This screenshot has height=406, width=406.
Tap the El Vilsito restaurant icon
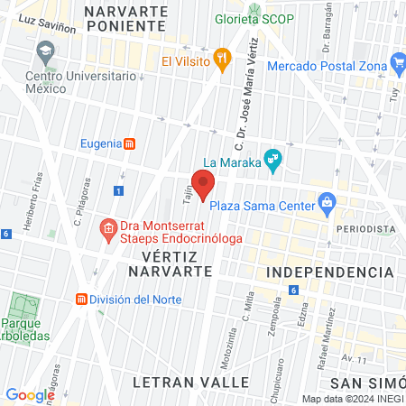pyautogui.click(x=223, y=61)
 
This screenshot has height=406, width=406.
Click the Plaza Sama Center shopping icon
pyautogui.click(x=327, y=204)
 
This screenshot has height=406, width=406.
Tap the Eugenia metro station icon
pyautogui.click(x=131, y=143)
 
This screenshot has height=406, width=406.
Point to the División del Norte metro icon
pyautogui.click(x=81, y=300)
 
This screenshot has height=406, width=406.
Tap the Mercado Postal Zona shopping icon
pyautogui.click(x=398, y=62)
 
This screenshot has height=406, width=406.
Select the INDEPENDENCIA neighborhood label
pyautogui.click(x=333, y=272)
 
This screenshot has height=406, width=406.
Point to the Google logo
pyautogui.click(x=31, y=394)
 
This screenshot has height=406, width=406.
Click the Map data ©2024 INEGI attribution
pyautogui.click(x=351, y=399)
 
